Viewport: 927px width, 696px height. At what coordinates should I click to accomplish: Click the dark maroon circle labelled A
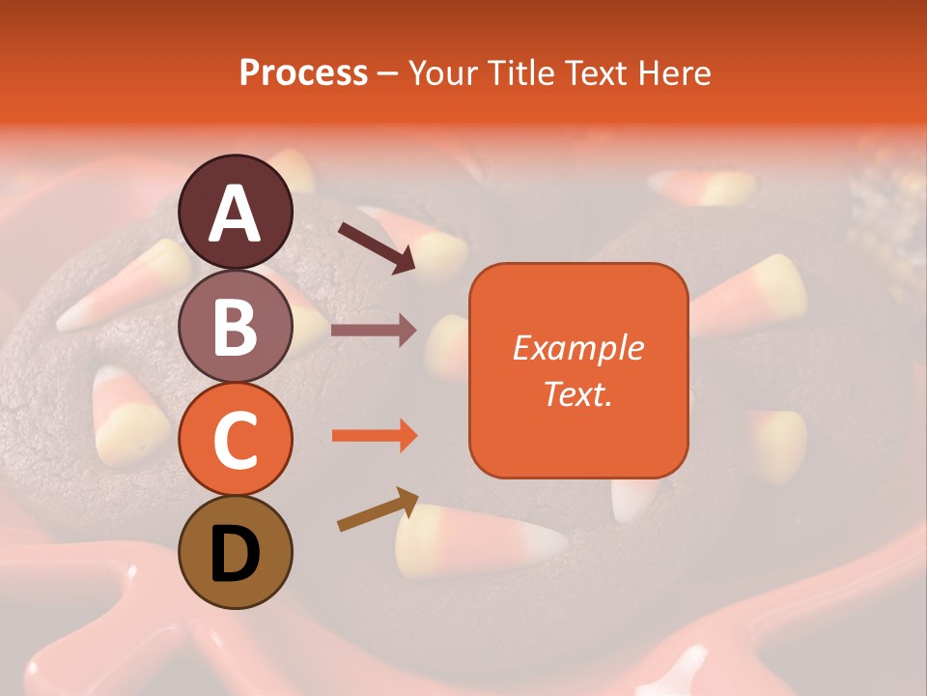tap(236, 212)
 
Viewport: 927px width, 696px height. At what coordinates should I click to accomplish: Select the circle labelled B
tap(236, 326)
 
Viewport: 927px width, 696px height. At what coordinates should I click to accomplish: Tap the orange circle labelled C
tap(236, 439)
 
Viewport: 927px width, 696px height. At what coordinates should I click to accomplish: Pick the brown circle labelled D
tap(236, 552)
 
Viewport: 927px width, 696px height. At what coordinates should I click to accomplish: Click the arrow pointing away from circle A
tap(376, 246)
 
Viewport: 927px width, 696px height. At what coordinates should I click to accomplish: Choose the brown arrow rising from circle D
tap(378, 508)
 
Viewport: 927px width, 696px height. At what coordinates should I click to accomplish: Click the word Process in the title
tap(303, 72)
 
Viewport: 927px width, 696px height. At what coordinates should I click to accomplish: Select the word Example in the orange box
tap(577, 348)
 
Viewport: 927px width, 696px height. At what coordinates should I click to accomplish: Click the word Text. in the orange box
tap(577, 393)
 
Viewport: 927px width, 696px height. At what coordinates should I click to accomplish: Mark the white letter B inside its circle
tap(236, 327)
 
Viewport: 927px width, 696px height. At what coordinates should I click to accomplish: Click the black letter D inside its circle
tap(236, 554)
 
